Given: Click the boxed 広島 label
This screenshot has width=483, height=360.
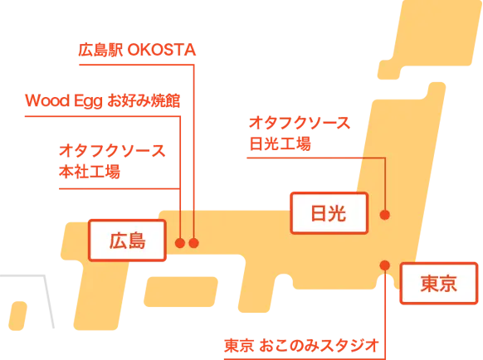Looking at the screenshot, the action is coord(127,241).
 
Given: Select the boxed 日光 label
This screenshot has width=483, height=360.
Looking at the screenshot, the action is coord(329,213).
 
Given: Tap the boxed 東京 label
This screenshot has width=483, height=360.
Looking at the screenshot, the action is coord(439,284).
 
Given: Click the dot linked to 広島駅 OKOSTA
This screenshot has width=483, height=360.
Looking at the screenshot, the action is coord(193,243).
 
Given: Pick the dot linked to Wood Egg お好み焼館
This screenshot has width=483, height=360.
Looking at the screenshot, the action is coord(180,243).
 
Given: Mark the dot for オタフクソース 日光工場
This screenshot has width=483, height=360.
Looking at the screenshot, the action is coord(385,215).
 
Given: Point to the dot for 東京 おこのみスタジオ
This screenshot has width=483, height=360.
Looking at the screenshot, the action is coord(385,265).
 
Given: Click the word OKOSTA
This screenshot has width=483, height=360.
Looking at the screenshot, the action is coord(162,50).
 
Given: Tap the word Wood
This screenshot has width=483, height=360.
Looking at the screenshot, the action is coord(47,100).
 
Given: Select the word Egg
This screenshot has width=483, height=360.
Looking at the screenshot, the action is coord(88,102).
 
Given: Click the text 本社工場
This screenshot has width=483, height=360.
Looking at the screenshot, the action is coord(90,172).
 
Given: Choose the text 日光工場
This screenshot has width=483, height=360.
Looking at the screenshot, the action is coord(280,144).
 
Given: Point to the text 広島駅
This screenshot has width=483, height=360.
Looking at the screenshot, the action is coord(100,50).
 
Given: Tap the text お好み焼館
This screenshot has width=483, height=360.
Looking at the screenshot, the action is coord(144,100).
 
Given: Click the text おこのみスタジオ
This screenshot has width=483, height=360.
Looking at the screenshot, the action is coord(319,346).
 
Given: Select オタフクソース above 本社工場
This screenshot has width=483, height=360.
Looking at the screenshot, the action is coord(112,151).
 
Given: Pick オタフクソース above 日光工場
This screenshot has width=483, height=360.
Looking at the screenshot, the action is coord(300,123).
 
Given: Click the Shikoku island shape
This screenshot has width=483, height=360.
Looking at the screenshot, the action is coord(181,292).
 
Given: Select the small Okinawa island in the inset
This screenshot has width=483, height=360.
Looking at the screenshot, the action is coord(17,316).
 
